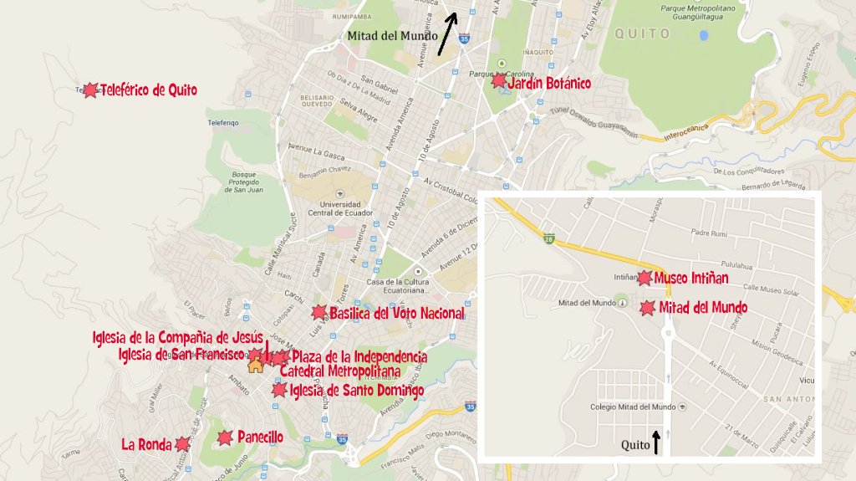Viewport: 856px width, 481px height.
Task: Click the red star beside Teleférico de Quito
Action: pos(90,90)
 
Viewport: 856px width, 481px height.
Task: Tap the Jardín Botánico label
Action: pos(549,83)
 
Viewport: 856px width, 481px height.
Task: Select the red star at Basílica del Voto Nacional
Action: pos(318,313)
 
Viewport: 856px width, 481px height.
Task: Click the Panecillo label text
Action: pos(260,437)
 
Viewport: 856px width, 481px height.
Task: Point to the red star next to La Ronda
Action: pos(184,444)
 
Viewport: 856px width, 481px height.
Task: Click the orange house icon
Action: pos(255,363)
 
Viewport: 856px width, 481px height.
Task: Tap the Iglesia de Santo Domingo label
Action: pos(357,390)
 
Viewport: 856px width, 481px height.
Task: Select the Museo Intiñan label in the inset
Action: pos(692,277)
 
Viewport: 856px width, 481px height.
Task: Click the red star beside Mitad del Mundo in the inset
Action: pos(647,309)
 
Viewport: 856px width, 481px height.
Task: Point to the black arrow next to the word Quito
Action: pos(656,442)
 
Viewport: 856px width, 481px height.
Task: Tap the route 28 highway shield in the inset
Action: pos(548,240)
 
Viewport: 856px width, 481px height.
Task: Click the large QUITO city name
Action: pos(643,34)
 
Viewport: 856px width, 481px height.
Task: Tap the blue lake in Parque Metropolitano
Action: pos(704,36)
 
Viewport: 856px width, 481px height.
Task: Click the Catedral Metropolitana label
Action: pos(339,371)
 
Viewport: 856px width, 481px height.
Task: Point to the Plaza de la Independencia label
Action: pos(359,356)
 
